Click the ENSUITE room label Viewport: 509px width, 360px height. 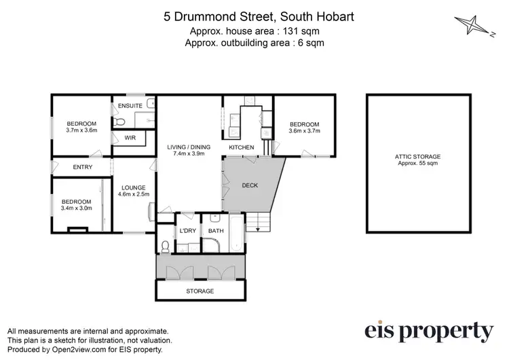click(x=130, y=106)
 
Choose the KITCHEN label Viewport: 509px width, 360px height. click(x=241, y=147)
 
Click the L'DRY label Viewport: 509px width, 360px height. click(x=187, y=232)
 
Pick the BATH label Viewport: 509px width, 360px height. click(x=216, y=232)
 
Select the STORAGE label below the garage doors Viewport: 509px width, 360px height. click(x=200, y=291)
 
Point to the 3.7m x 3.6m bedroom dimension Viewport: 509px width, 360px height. click(x=82, y=130)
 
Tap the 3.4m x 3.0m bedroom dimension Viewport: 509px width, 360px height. click(x=76, y=208)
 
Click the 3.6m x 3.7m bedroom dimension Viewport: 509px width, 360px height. click(x=304, y=130)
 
